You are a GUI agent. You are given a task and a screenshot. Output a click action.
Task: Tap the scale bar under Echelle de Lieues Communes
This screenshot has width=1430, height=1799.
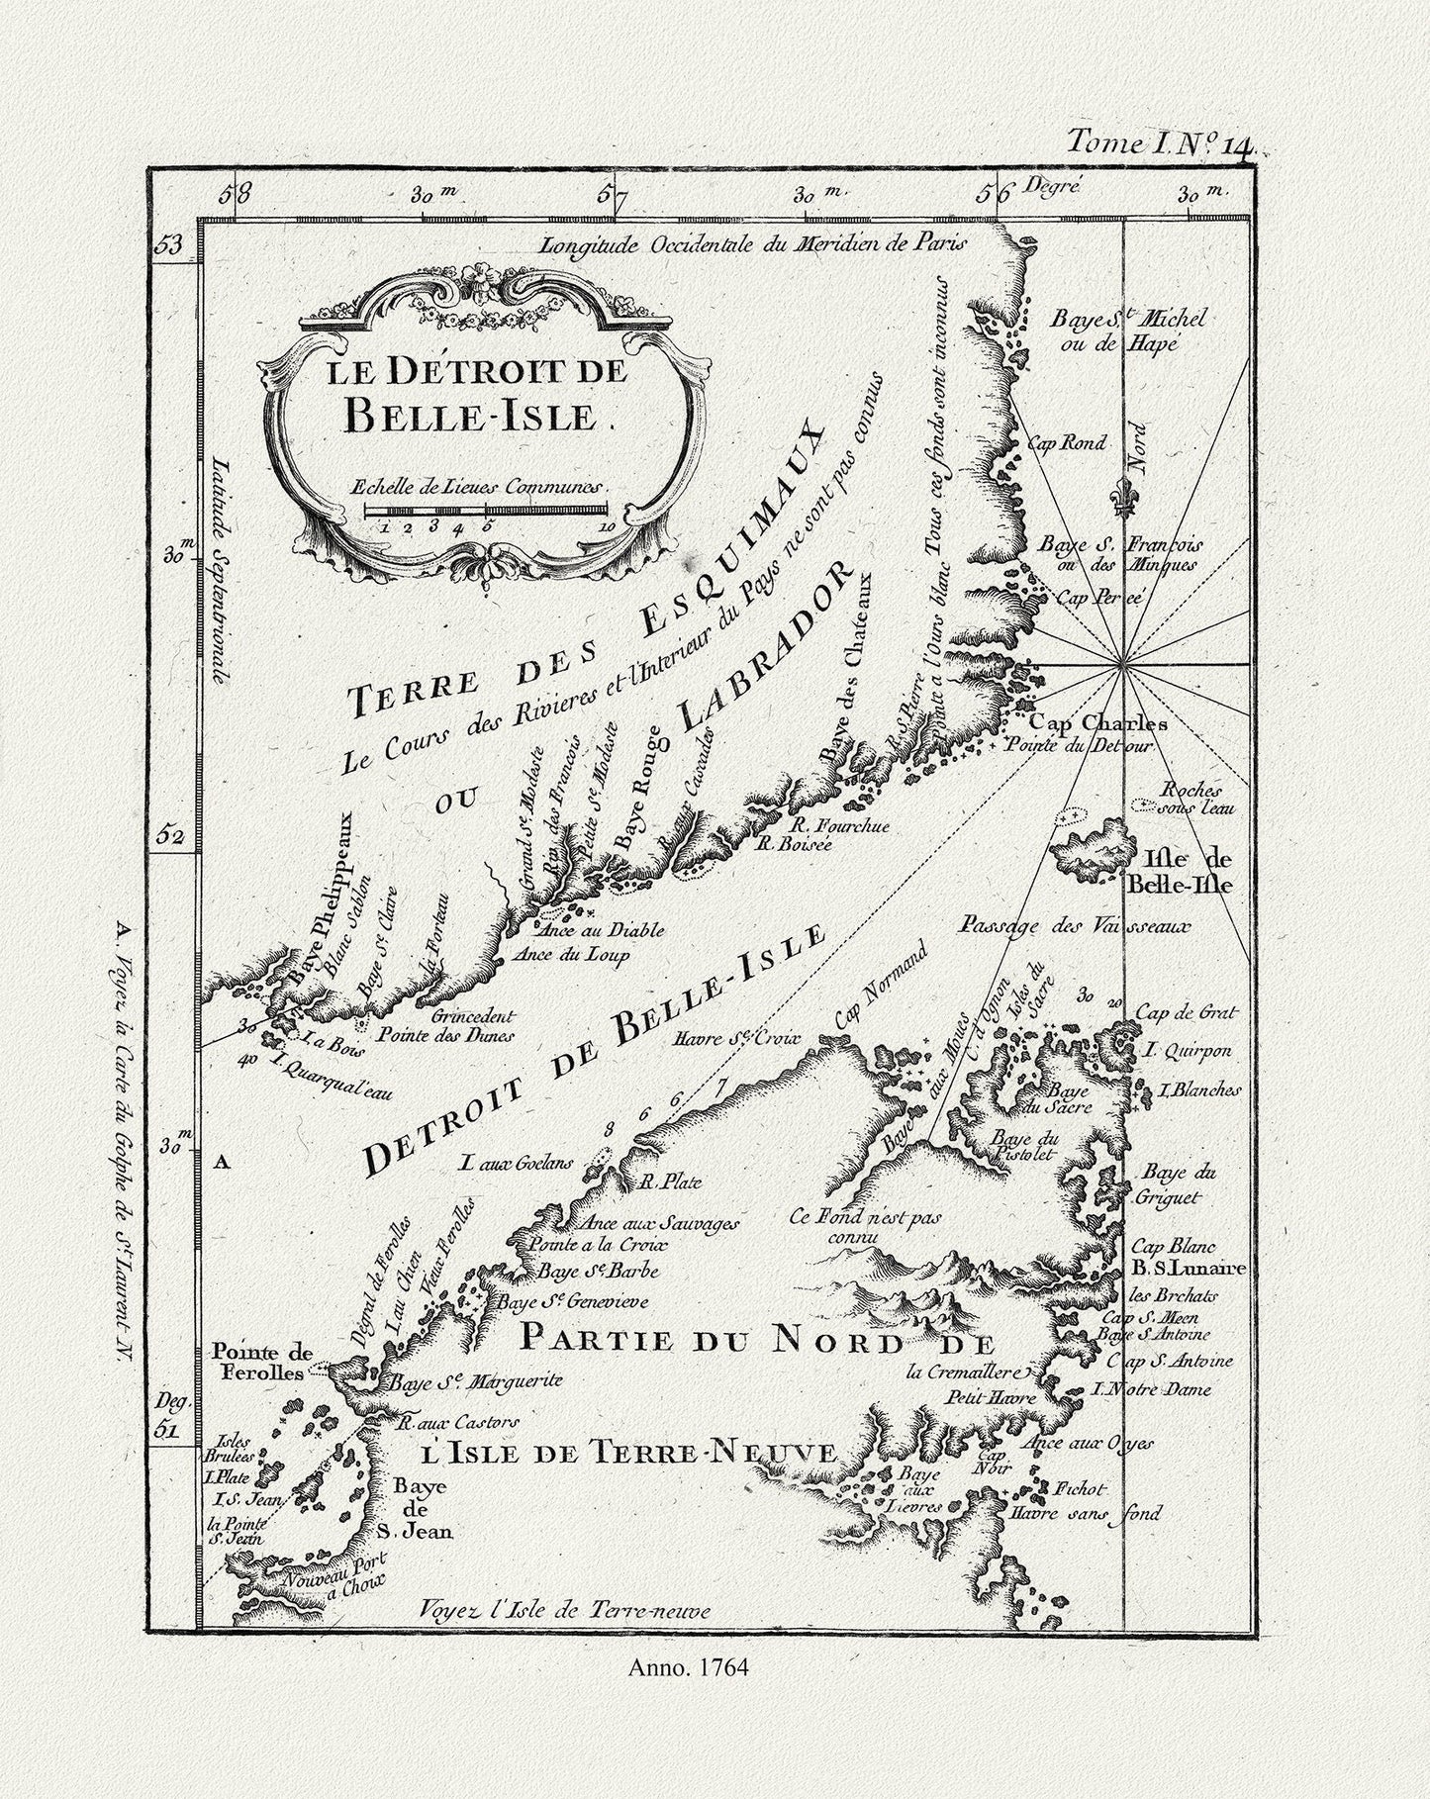(485, 510)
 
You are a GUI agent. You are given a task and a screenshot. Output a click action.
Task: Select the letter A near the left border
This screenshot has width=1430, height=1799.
(222, 1164)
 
